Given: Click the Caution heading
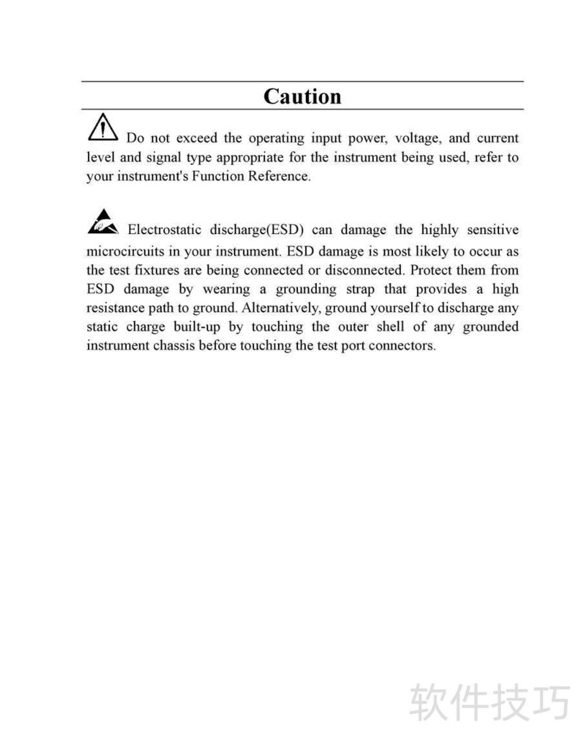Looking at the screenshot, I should pyautogui.click(x=302, y=96).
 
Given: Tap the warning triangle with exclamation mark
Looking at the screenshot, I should pyautogui.click(x=102, y=127).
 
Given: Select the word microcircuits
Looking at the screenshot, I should pyautogui.click(x=127, y=251).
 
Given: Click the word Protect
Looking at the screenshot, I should pyautogui.click(x=431, y=270).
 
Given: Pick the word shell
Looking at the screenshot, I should pyautogui.click(x=391, y=326).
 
